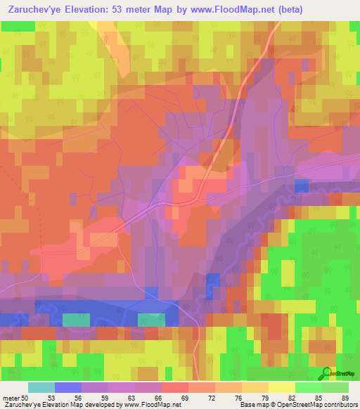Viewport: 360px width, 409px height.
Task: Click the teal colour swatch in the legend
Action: pos(41,387)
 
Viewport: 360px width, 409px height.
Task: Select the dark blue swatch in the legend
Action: pos(68,387)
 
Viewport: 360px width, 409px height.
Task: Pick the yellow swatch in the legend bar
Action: pos(281,387)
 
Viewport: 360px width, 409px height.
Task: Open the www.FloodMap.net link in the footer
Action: pos(150,404)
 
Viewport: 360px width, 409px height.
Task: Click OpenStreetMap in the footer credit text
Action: pos(292,404)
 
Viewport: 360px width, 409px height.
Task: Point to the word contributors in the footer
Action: pos(338,404)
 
